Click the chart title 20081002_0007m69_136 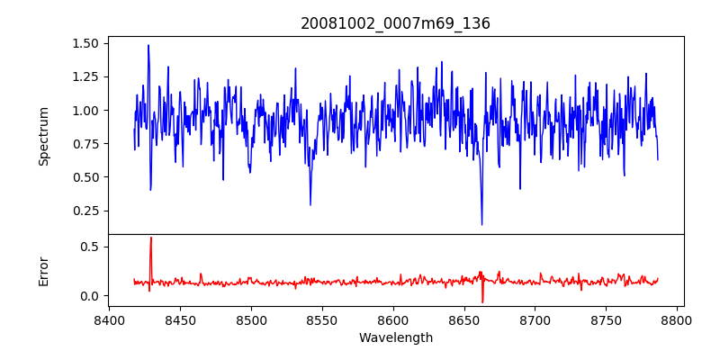point(395,24)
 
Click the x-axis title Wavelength point(395,338)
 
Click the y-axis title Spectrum point(44,136)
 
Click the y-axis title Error point(44,271)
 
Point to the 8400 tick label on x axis point(109,320)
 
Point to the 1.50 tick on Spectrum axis point(86,43)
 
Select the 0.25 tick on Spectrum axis point(86,211)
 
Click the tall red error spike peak point(150,238)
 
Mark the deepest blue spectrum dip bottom point(481,224)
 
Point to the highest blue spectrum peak point(148,45)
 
